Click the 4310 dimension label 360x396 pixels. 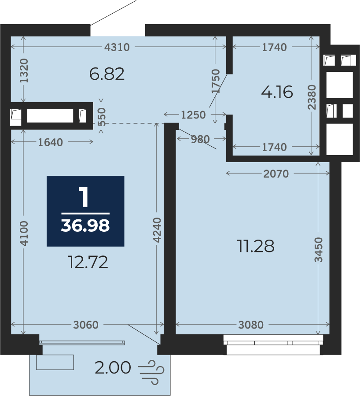(x=117, y=47)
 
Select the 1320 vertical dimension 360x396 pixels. (x=24, y=71)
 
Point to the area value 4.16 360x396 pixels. (x=277, y=92)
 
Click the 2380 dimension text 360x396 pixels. (x=312, y=97)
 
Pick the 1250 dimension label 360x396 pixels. (x=194, y=115)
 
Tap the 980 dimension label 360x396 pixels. (x=200, y=139)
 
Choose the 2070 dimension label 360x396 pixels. (x=276, y=174)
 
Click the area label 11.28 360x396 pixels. (x=256, y=246)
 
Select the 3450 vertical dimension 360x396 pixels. (x=319, y=250)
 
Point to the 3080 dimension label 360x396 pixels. (x=251, y=325)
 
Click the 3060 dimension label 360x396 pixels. (x=86, y=325)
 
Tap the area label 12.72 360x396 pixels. (x=88, y=262)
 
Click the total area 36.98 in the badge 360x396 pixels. (x=85, y=226)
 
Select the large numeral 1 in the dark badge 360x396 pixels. (x=84, y=197)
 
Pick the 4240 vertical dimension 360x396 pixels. (x=157, y=230)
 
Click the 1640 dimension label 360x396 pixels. (x=50, y=142)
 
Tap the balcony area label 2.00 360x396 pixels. (x=113, y=368)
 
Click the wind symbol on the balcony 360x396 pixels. (x=151, y=372)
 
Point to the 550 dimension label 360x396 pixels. (x=102, y=117)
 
